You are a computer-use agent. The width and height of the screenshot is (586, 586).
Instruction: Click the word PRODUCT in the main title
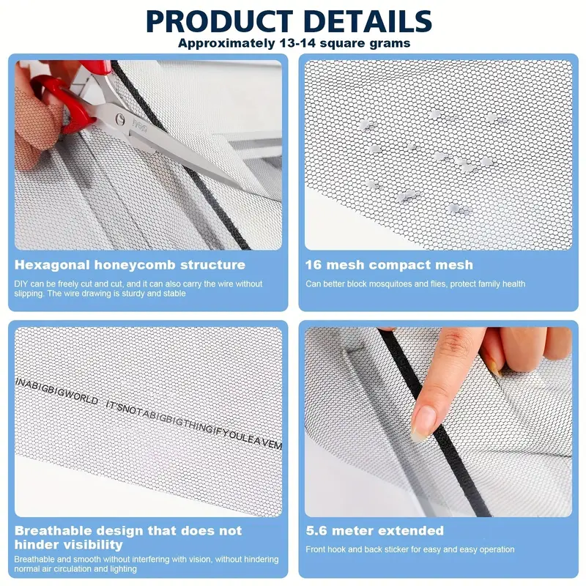[220, 21]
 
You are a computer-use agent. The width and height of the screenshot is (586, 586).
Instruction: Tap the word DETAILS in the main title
[368, 21]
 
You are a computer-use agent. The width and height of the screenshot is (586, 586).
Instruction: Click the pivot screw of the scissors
[119, 119]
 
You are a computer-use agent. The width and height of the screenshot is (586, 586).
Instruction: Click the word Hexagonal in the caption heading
[52, 265]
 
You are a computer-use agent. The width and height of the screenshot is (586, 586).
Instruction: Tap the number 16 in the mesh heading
[314, 265]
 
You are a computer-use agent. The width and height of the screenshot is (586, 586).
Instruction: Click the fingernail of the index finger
[423, 423]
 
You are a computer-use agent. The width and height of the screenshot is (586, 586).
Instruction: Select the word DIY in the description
[21, 284]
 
